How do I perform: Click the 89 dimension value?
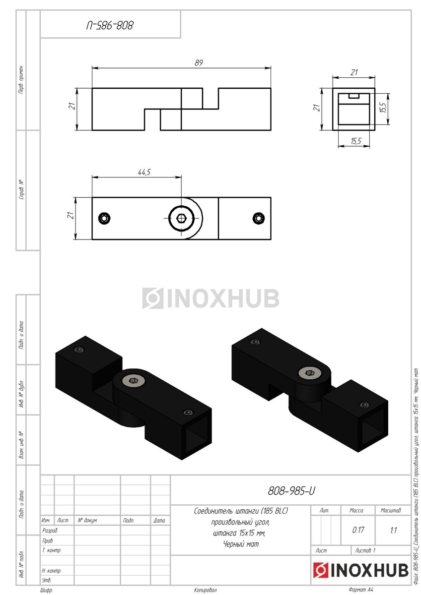click(x=199, y=62)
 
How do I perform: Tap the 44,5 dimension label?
click(x=144, y=172)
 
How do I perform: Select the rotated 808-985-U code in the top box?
click(x=110, y=26)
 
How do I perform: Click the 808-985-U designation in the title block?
click(x=291, y=491)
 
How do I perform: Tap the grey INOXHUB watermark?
click(x=210, y=298)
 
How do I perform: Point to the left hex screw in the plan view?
click(x=104, y=218)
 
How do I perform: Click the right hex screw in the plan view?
click(x=258, y=218)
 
